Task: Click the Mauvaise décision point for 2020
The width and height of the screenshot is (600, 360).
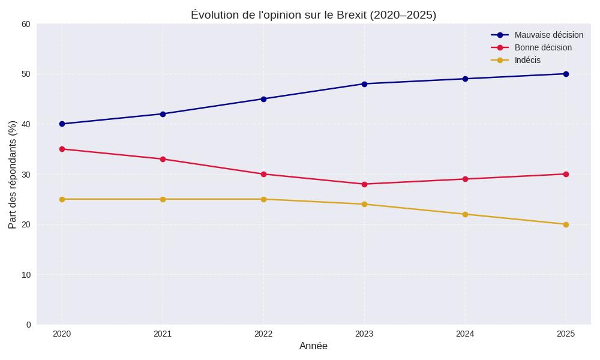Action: tap(62, 124)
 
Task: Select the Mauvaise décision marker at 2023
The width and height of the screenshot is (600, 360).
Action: tap(364, 84)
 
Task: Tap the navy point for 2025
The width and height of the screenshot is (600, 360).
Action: tap(566, 74)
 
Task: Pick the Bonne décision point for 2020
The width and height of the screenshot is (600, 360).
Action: tap(62, 149)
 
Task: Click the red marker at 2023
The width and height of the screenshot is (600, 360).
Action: tap(364, 184)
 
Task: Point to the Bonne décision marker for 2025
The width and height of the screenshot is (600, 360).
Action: tap(566, 174)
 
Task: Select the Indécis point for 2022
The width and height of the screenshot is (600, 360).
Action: tap(263, 199)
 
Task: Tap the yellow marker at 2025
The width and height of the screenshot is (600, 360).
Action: tap(566, 224)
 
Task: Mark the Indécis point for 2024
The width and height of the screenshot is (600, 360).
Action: tap(465, 214)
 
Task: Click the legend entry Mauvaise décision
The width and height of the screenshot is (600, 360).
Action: tap(548, 35)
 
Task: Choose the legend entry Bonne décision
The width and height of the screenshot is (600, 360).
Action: tap(542, 47)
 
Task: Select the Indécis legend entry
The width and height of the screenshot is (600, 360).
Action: tap(527, 60)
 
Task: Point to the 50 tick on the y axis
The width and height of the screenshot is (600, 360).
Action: tap(26, 74)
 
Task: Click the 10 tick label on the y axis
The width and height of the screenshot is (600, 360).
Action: tap(26, 275)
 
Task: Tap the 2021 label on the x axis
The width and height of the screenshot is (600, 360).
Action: tap(163, 334)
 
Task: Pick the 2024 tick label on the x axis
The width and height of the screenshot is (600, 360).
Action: tap(465, 334)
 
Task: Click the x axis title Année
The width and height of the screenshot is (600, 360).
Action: tap(313, 346)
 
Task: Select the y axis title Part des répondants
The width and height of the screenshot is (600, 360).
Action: tap(13, 174)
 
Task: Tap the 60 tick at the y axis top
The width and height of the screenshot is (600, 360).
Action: tap(26, 24)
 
